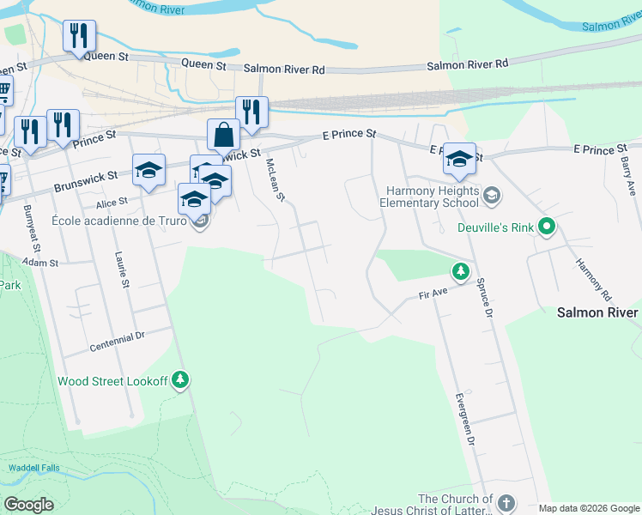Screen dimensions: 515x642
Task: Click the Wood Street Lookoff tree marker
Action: pos(179,379)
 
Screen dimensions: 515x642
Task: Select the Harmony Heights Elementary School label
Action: pos(429,197)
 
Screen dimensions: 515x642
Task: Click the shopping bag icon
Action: pos(223,136)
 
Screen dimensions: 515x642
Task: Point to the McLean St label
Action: pos(276,179)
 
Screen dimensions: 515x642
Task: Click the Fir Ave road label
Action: pos(433,294)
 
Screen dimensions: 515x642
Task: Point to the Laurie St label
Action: pos(123,270)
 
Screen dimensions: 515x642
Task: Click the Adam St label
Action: pos(39,262)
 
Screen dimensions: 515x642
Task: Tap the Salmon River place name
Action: pos(597,312)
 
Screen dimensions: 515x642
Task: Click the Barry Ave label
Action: pos(629,175)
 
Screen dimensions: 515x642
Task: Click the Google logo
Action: pos(29,504)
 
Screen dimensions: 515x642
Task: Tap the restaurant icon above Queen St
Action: pos(79,36)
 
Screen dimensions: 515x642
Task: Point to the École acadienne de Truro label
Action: pos(120,219)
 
